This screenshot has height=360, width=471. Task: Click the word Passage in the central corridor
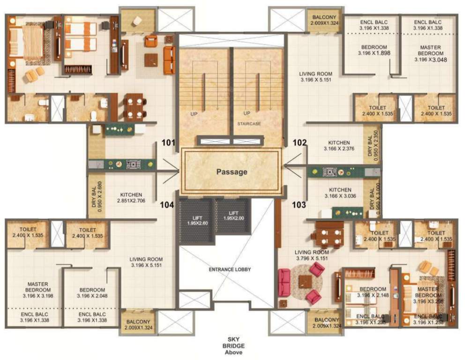click(232, 172)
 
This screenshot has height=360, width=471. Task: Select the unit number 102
click(299, 142)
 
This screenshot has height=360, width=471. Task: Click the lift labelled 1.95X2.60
click(196, 220)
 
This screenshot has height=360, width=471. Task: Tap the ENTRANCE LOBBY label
click(230, 270)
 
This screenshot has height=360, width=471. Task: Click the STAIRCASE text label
click(248, 124)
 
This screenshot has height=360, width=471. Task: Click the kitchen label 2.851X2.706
click(131, 198)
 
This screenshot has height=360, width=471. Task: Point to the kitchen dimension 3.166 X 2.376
click(339, 146)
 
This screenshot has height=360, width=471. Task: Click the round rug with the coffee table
click(306, 281)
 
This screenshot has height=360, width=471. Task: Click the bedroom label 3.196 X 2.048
click(91, 293)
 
